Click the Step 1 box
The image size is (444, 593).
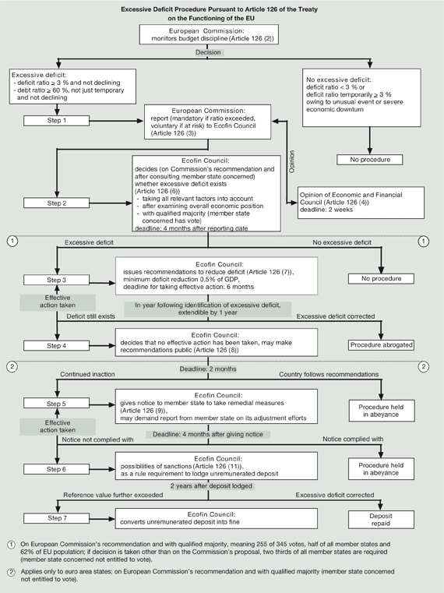[x=56, y=120]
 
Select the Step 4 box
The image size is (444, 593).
[x=56, y=346]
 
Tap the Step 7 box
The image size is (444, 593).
[x=56, y=518]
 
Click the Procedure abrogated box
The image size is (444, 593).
[x=381, y=345]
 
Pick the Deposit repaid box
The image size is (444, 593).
[x=381, y=520]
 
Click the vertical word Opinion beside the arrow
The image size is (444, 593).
[x=291, y=161]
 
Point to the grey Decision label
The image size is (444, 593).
[x=208, y=52]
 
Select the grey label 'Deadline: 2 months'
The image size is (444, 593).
[x=208, y=369]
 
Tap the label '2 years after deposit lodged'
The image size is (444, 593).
[x=211, y=486]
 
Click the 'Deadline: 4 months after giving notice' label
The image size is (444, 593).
[x=208, y=434]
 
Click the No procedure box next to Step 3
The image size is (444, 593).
[x=381, y=279]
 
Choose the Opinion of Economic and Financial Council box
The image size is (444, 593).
[x=361, y=203]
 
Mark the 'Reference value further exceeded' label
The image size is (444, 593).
[x=113, y=495]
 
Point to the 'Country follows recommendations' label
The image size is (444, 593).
[x=329, y=374]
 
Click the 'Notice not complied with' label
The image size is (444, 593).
[x=97, y=439]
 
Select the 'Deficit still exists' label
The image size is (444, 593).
[x=91, y=316]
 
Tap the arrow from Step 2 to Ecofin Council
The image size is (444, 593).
[x=111, y=203]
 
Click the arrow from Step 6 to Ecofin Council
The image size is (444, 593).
[x=103, y=469]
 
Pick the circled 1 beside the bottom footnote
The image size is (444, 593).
[x=12, y=545]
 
